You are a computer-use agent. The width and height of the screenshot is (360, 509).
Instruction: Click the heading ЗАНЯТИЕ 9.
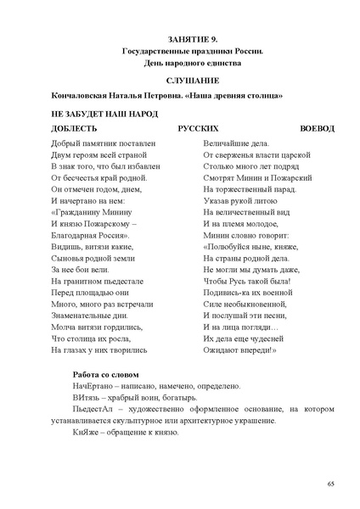tap(193, 40)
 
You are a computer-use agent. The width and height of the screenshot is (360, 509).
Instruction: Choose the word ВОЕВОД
tap(318, 128)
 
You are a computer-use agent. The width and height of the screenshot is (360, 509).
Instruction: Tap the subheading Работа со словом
tap(106, 374)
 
